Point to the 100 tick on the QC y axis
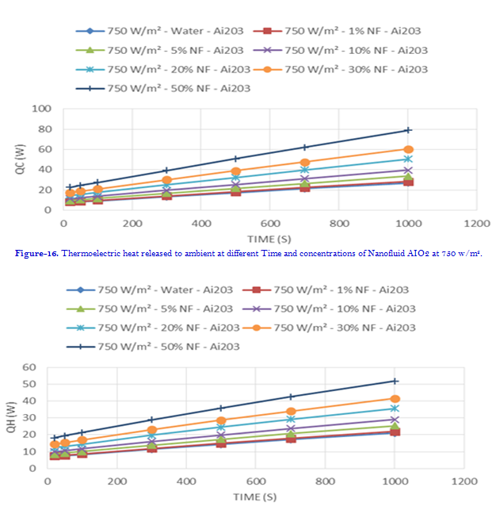(x=40, y=109)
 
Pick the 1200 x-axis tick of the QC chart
(x=477, y=224)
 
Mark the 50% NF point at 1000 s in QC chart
(x=408, y=130)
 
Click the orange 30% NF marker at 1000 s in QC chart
(x=408, y=149)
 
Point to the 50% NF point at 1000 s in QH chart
(x=395, y=382)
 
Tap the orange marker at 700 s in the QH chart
(x=291, y=412)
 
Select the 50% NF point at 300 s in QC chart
(x=166, y=171)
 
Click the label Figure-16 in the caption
(x=35, y=254)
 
